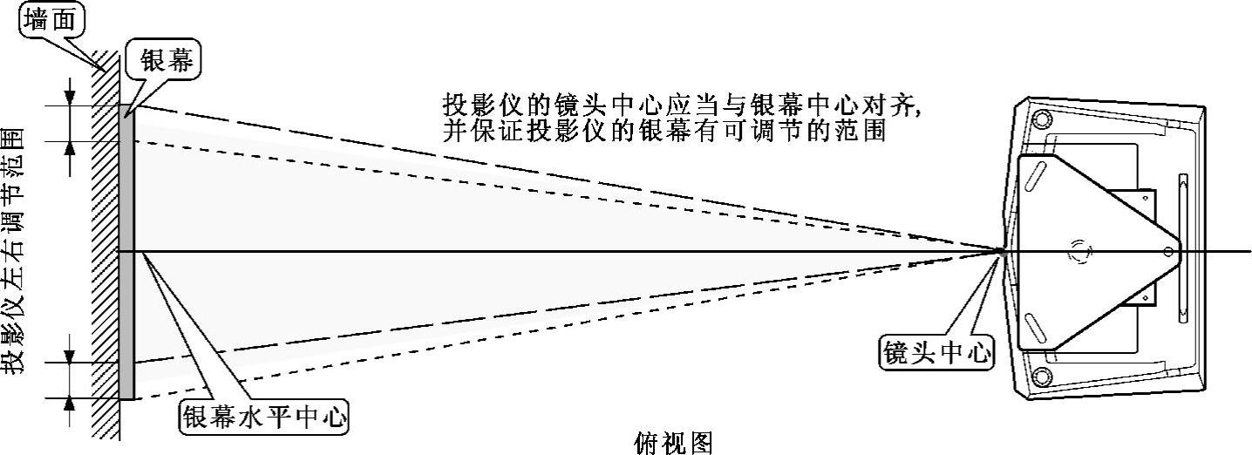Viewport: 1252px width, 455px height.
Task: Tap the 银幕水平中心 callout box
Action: coord(263,418)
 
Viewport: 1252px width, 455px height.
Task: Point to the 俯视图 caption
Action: coord(673,443)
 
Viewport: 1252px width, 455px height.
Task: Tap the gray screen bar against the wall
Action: coord(126,253)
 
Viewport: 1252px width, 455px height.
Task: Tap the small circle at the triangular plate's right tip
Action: coord(1168,252)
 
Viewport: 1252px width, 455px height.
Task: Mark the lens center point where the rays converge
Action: coord(1003,251)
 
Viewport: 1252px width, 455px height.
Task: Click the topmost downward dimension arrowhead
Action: coord(71,97)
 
